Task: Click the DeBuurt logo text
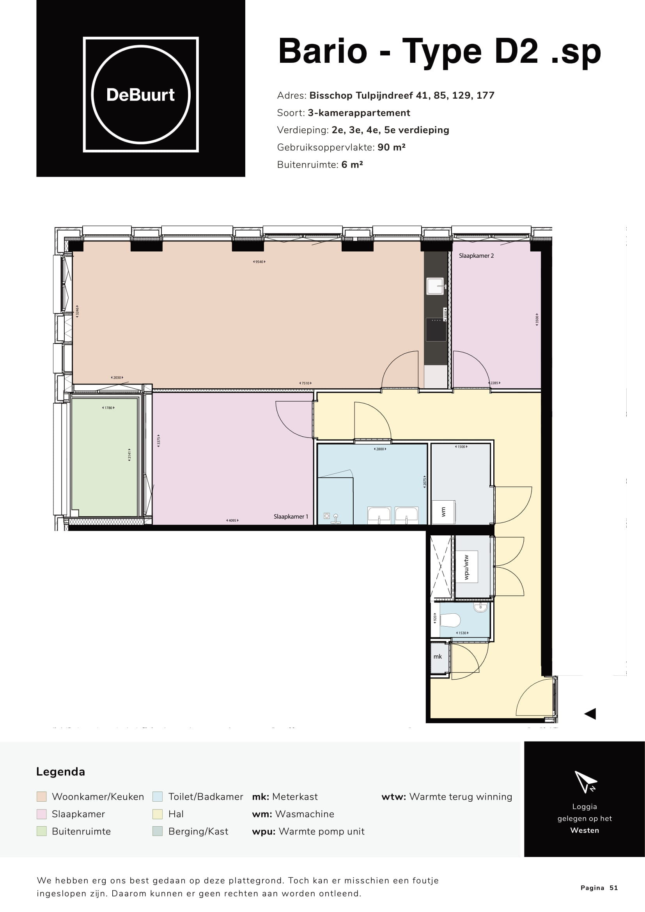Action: click(141, 95)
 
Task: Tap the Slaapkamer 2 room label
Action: click(476, 256)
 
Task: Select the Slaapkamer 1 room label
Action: click(291, 516)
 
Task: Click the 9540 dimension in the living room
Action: click(259, 262)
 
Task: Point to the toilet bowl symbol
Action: click(451, 619)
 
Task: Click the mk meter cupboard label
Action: click(438, 657)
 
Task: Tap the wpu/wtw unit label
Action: click(466, 567)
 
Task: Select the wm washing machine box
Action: click(444, 512)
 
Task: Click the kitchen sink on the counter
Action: click(435, 286)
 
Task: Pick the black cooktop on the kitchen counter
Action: click(436, 329)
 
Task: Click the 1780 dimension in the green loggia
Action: click(108, 408)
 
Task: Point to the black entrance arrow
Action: click(590, 714)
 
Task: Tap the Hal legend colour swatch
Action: click(158, 814)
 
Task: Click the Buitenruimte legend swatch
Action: click(41, 831)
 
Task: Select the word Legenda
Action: click(60, 772)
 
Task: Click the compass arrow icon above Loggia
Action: click(585, 782)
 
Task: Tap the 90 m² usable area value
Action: click(391, 147)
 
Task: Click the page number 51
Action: click(614, 888)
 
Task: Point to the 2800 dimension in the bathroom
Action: click(380, 449)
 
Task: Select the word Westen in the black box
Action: click(584, 830)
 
